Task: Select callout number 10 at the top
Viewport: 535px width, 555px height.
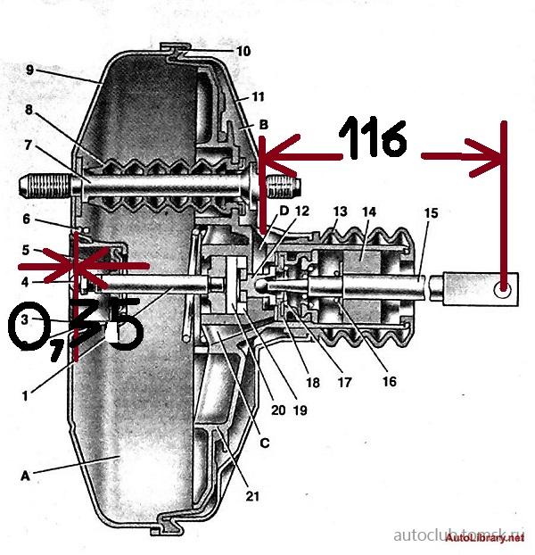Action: click(243, 51)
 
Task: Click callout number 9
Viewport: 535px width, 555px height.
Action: click(29, 69)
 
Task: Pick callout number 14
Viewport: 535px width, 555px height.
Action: click(370, 212)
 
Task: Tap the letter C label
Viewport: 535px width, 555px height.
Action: click(264, 442)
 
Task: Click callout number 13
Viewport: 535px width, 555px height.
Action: click(339, 212)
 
